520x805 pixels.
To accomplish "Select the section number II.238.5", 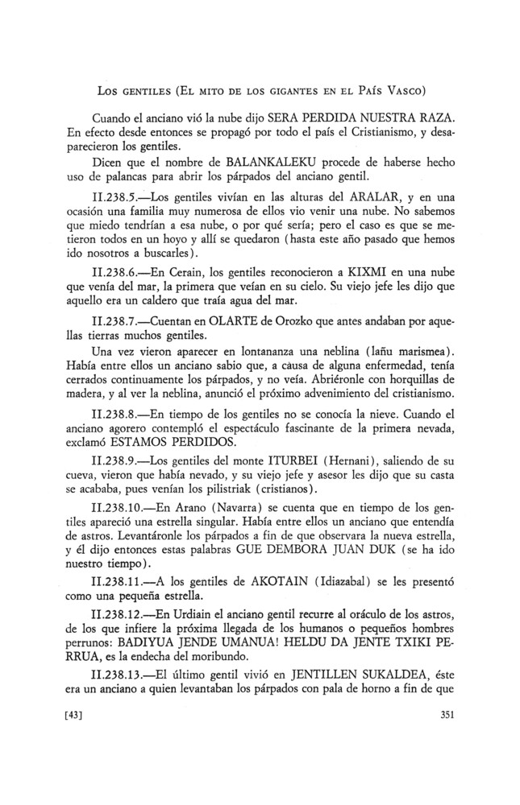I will (x=123, y=197).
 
